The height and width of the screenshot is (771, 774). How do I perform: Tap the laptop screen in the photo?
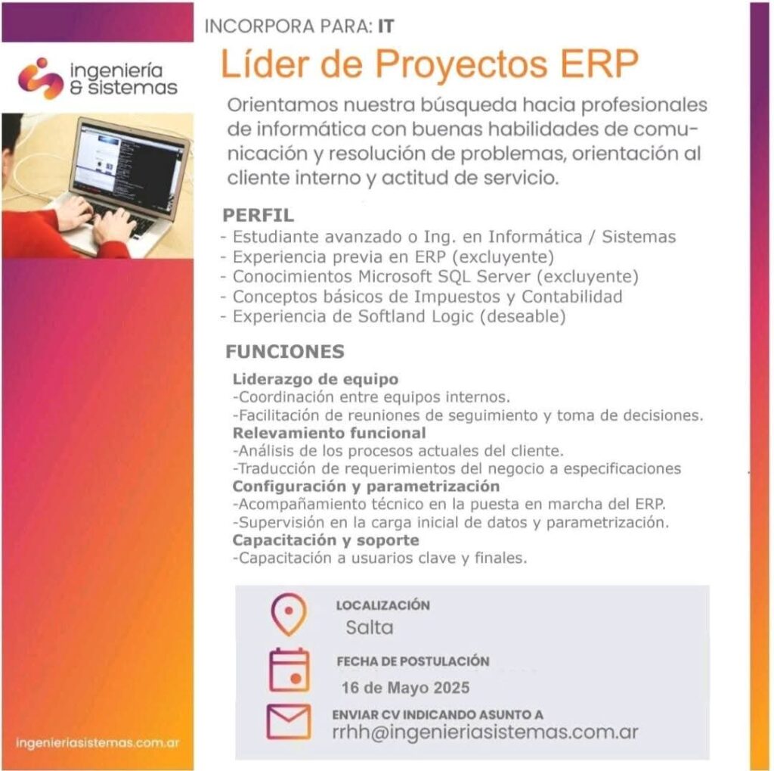tap(129, 166)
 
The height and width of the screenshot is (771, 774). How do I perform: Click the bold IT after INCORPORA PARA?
tap(386, 26)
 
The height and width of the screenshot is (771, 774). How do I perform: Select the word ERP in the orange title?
tap(599, 64)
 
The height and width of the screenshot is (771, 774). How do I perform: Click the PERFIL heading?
tap(259, 215)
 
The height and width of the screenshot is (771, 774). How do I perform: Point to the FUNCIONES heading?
tap(285, 351)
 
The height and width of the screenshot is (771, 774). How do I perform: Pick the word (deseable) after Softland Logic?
tap(523, 316)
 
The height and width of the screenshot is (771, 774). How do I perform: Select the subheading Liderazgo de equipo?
tap(315, 379)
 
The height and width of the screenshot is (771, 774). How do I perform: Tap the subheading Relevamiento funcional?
tap(330, 433)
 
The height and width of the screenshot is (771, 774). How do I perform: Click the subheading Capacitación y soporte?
tap(326, 540)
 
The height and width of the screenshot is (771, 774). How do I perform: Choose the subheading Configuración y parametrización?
tap(367, 487)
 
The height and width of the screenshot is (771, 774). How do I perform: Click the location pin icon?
tap(289, 614)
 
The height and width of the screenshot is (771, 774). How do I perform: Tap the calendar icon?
tap(289, 670)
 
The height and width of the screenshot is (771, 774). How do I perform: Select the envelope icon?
tap(289, 722)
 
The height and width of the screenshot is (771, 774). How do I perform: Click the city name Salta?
tap(369, 627)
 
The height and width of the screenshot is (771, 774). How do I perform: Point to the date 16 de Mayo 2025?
tap(405, 688)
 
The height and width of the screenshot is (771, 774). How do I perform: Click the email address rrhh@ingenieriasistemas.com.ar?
tap(485, 732)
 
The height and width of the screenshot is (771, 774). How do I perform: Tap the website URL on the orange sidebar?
tap(98, 743)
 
